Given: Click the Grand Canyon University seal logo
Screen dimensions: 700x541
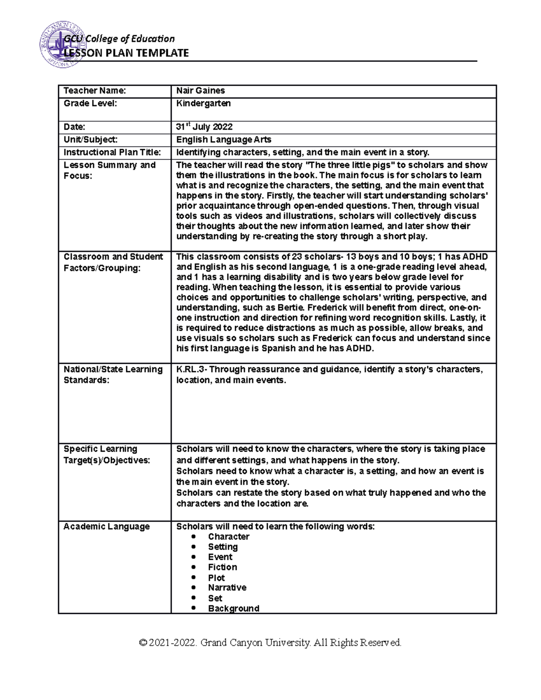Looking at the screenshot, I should point(63,43).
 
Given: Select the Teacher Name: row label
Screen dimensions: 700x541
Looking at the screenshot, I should point(95,91).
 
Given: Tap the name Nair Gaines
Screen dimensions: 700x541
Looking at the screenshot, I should point(200,91).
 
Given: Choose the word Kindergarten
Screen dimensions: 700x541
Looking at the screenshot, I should point(203,103).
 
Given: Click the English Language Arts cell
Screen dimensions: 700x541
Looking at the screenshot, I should point(224,140).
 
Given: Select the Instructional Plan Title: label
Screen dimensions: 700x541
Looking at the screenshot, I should point(112,152).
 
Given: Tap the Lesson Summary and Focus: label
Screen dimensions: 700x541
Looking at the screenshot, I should point(109,170).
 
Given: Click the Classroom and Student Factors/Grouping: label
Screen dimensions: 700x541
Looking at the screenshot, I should point(113,262).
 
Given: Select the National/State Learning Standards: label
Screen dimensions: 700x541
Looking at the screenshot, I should point(113,375).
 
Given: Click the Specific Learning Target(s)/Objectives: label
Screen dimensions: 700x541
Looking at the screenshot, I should point(106,454).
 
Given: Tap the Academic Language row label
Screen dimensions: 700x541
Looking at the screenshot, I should point(106,526).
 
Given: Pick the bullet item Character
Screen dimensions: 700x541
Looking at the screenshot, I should point(228,536).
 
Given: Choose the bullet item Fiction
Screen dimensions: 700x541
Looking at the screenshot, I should point(222,567).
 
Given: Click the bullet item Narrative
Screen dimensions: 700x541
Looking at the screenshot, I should point(227,588).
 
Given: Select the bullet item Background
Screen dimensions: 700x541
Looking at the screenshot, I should point(233,608).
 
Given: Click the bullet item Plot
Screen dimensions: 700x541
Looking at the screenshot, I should point(216,578).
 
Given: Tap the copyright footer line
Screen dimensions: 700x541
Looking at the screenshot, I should point(270,643).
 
